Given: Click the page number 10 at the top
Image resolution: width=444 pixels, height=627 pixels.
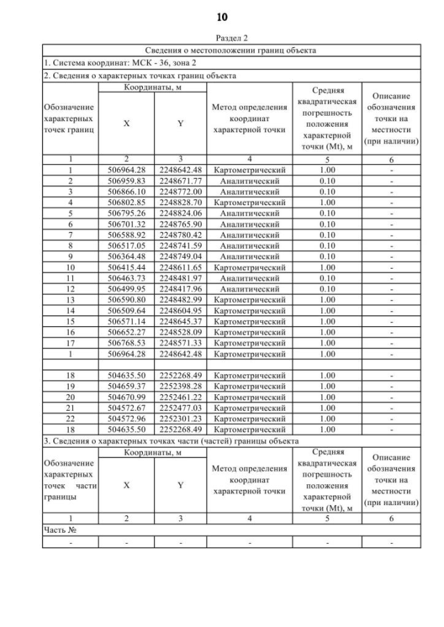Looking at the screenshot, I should (222, 17).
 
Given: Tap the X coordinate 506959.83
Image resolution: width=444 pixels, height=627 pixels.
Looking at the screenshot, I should (126, 180).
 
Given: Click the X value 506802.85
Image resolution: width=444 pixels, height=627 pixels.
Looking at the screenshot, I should (126, 202).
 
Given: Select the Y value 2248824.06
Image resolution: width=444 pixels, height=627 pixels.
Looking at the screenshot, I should (180, 213).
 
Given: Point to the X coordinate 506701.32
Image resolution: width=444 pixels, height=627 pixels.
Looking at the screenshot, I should (126, 224).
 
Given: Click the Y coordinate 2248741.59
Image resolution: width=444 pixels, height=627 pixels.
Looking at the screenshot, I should (180, 245).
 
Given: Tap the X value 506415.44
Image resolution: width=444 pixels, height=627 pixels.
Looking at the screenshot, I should (126, 267).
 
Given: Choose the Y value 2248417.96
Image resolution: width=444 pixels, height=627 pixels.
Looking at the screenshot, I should (180, 288).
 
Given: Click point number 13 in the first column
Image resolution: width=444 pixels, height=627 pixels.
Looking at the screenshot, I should (70, 299).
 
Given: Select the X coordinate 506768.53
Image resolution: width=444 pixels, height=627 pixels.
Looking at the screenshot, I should (126, 343).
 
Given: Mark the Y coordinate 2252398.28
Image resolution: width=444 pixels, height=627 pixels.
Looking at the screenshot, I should (180, 386).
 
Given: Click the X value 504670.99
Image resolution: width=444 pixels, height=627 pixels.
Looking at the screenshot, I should (126, 397).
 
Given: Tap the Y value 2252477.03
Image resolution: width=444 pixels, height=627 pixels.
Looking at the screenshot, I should (180, 407).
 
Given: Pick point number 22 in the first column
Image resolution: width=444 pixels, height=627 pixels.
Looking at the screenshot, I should (70, 418).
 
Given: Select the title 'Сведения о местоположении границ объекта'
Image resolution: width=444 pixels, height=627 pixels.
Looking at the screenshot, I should (231, 51).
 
